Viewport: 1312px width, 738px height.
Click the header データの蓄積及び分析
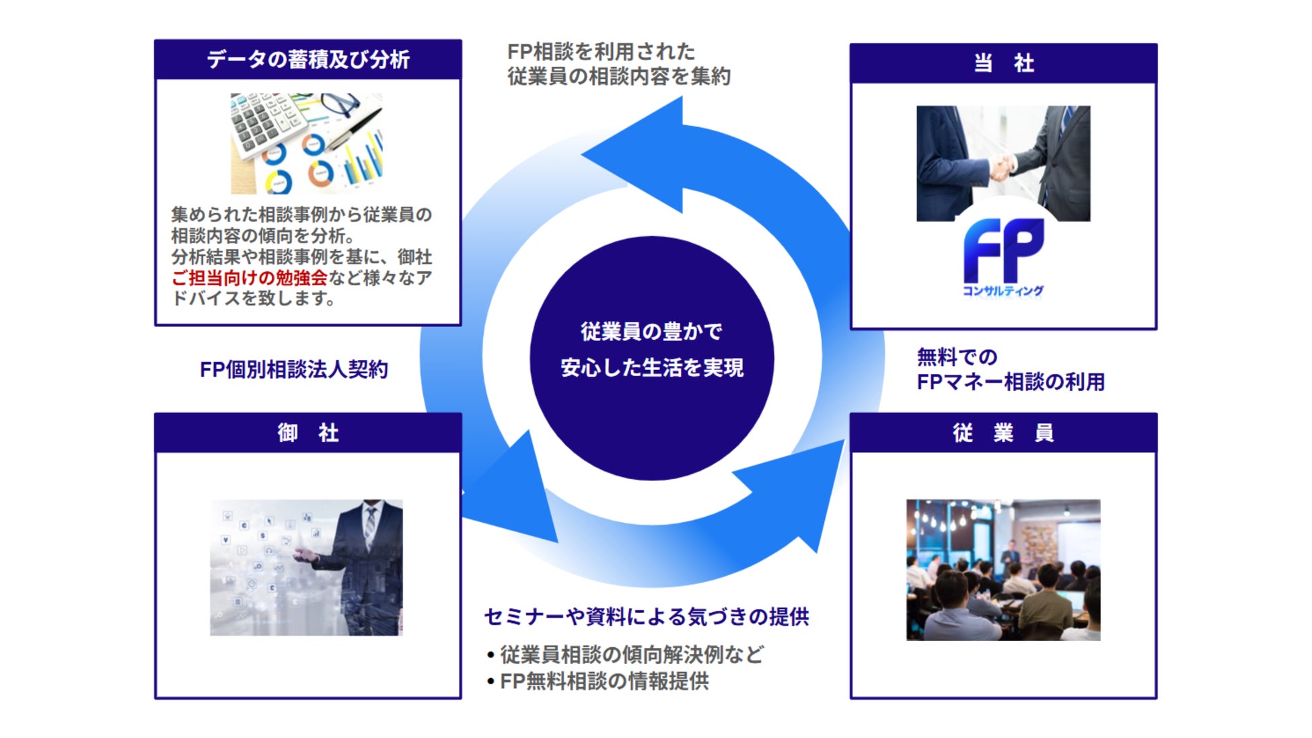click(x=307, y=60)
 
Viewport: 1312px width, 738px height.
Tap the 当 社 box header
click(x=1003, y=63)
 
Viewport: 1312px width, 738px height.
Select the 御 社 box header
click(x=307, y=433)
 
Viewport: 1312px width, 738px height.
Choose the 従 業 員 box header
click(x=1003, y=433)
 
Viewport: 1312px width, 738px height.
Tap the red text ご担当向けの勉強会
click(x=249, y=277)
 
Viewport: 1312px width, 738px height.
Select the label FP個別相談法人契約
click(x=293, y=369)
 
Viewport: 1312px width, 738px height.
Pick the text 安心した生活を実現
click(x=651, y=367)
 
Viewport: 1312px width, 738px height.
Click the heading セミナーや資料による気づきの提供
click(x=646, y=616)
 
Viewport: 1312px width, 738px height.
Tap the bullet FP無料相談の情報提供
click(x=604, y=681)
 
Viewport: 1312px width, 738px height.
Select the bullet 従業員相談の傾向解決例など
click(x=631, y=655)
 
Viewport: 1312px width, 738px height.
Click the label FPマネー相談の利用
click(x=1010, y=382)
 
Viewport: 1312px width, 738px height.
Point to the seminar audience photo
click(x=1003, y=569)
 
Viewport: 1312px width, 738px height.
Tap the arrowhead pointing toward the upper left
click(x=639, y=155)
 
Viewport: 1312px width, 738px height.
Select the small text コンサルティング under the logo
click(x=1003, y=291)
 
